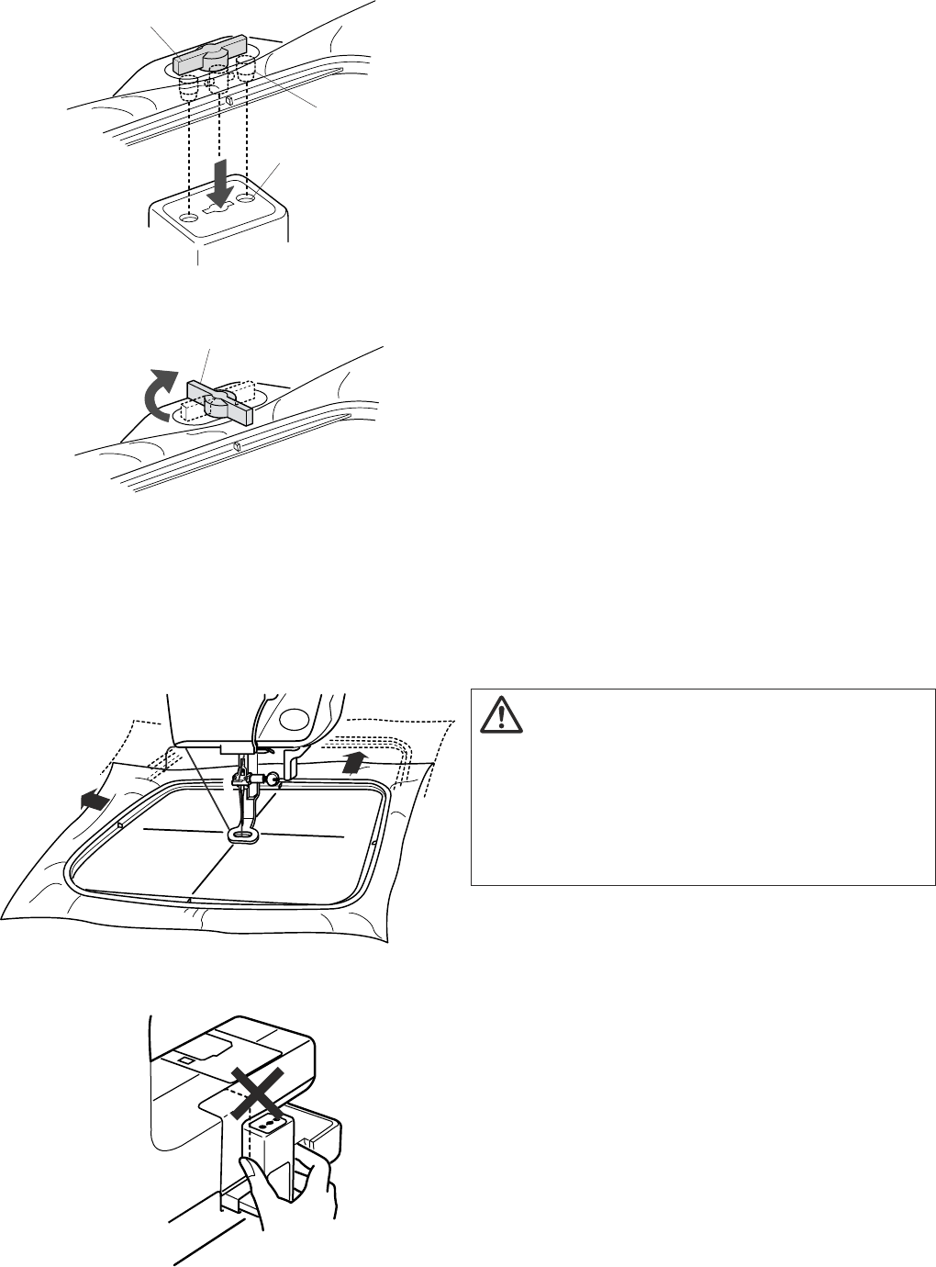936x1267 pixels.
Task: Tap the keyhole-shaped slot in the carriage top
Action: click(217, 209)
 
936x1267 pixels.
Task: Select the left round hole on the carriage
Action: click(188, 219)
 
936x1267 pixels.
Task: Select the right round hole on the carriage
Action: click(247, 197)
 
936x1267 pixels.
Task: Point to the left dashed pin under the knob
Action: click(188, 88)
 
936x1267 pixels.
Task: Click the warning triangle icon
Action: click(499, 714)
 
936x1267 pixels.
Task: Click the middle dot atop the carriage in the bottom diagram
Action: click(270, 1124)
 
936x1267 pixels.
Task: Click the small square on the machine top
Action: click(187, 1060)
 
